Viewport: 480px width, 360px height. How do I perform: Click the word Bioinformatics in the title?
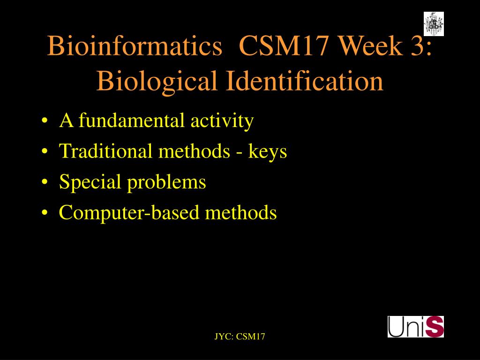[135, 45]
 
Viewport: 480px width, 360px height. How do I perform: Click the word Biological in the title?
[157, 81]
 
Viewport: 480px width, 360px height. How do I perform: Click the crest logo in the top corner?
[434, 24]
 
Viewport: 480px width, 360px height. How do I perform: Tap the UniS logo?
[416, 327]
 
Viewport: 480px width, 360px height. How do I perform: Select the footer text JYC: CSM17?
[240, 337]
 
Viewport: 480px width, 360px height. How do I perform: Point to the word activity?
[222, 120]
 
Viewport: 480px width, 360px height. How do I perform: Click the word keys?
[268, 151]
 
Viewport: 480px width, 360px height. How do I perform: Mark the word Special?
[90, 182]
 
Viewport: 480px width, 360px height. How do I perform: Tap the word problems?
[166, 182]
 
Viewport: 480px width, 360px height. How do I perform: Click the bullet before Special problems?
[45, 182]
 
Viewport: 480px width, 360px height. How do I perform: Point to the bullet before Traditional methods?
[45, 151]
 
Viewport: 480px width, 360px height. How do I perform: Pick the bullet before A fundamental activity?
[45, 120]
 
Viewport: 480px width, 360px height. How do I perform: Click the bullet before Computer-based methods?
[45, 212]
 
